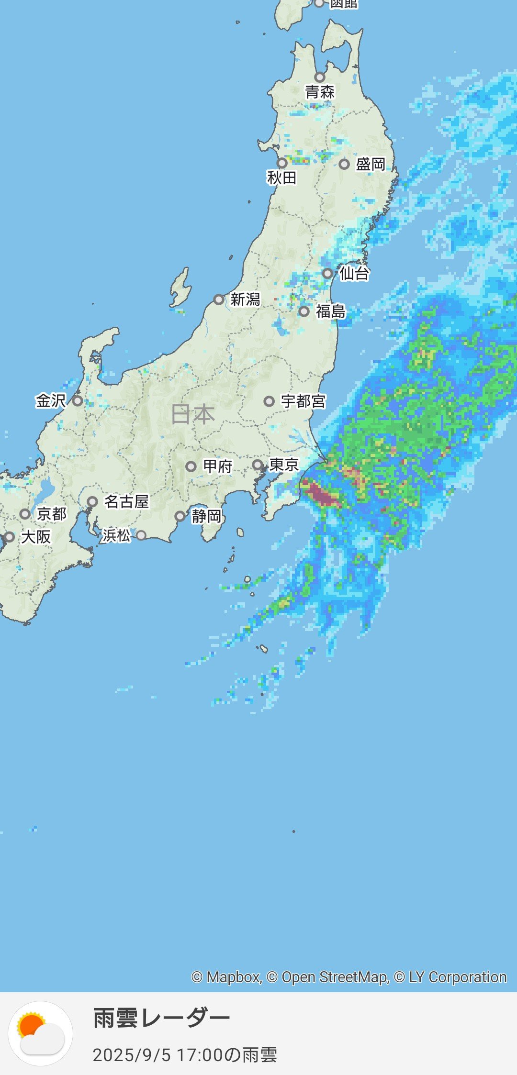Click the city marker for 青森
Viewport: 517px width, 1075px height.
coord(320,77)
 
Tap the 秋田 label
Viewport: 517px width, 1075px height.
coord(282,178)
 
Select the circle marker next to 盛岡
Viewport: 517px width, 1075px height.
coord(344,164)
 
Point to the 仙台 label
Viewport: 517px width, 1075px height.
coord(354,273)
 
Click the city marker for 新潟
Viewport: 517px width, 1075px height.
coord(219,299)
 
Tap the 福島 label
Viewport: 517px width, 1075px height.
coord(330,311)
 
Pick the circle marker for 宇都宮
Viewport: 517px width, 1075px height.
coord(269,401)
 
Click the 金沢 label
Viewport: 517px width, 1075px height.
coord(50,400)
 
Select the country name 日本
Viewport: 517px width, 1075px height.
coord(193,414)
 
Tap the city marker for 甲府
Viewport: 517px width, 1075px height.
coord(191,466)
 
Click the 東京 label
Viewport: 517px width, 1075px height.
coord(284,465)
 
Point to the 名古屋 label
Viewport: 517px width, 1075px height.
coord(126,501)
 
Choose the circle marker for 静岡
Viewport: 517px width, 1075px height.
coord(180,516)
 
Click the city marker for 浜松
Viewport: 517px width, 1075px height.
coord(141,535)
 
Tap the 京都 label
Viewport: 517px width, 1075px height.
coord(52,514)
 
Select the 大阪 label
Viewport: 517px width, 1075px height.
coord(36,537)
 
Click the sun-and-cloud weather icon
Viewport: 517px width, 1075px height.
coord(41,1033)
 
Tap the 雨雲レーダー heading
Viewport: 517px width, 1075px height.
coord(161,1018)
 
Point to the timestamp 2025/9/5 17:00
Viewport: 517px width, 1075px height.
coord(158,1055)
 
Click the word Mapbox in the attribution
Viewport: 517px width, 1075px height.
coord(233,977)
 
